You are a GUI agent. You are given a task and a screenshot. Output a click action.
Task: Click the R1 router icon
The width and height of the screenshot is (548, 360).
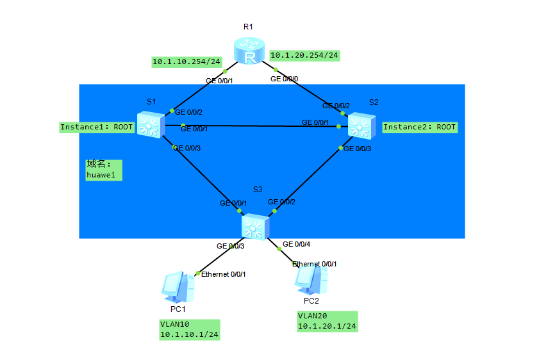point(249,51)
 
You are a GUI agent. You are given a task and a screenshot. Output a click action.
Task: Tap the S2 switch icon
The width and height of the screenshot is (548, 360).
point(362,126)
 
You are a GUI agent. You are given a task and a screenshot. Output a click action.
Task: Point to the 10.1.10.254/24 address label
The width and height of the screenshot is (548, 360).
point(186,62)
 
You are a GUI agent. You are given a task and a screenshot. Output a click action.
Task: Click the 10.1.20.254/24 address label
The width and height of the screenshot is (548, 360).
point(304,55)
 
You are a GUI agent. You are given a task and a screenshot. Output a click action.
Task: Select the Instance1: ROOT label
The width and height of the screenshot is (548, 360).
point(97,127)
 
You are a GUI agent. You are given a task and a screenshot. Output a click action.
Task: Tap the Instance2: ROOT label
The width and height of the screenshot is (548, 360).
point(420,127)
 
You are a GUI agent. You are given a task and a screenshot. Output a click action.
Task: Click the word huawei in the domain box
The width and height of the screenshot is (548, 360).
point(104,174)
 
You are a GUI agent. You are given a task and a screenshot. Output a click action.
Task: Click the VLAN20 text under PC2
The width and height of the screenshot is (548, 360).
point(311,316)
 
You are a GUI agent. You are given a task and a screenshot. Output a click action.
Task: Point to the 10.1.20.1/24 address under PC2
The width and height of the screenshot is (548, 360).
point(327,326)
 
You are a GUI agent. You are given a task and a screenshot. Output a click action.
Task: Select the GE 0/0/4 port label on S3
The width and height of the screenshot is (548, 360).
point(296,244)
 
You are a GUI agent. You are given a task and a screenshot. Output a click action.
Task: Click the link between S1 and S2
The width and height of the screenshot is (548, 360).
point(256,126)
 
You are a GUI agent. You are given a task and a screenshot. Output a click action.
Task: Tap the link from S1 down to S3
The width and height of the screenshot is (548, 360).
point(199,170)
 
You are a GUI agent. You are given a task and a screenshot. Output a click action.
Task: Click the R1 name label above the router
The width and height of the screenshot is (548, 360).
point(249,27)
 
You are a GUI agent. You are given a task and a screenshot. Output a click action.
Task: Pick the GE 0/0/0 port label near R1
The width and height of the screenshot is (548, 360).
point(285,79)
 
